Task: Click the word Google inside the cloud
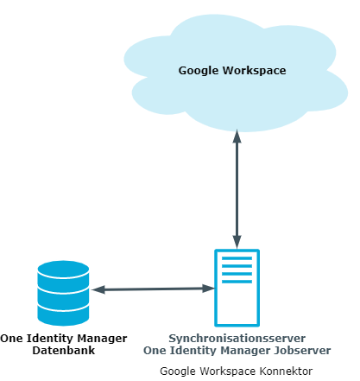pos(199,71)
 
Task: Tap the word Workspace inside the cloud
pos(255,71)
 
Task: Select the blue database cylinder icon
pos(63,293)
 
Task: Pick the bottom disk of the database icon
pos(63,315)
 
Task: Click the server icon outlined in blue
pos(237,288)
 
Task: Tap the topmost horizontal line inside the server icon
pos(237,258)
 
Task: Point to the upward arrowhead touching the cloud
pos(237,136)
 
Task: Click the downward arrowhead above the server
pos(237,242)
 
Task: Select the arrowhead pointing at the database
pos(98,289)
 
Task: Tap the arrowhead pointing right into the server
pos(208,289)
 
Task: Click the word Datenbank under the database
pos(64,351)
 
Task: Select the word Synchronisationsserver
pos(237,339)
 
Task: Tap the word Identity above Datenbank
pos(50,339)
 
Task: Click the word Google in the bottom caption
pos(178,371)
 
